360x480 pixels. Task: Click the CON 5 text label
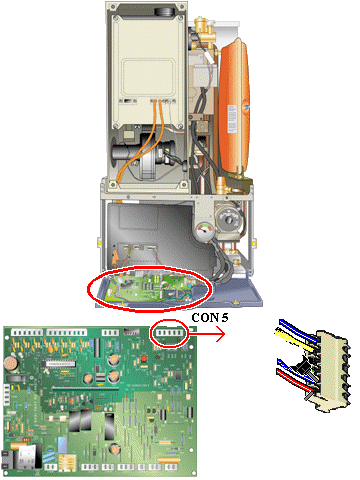click(210, 318)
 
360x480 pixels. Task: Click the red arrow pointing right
click(207, 334)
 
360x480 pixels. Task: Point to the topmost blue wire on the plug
click(298, 330)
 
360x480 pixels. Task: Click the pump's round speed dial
click(229, 219)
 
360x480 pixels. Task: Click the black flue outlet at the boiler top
click(165, 11)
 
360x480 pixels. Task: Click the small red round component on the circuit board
click(144, 359)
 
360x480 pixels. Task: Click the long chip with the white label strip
click(60, 364)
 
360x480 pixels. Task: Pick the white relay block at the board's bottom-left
click(26, 456)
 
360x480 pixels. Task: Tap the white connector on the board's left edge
click(6, 395)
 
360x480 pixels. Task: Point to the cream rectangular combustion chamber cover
click(147, 71)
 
